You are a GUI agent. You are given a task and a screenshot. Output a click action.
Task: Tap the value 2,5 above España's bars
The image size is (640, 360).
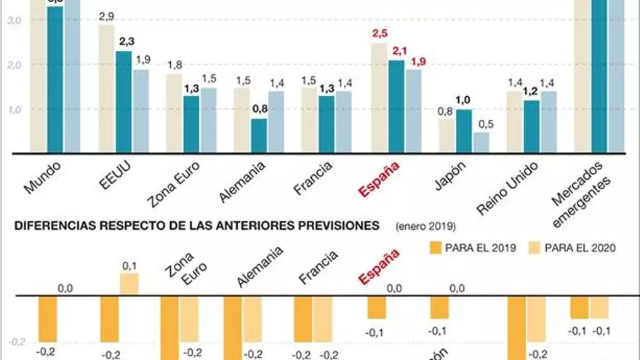tap(379, 33)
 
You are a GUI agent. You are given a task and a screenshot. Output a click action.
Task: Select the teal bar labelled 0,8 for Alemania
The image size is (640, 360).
tap(258, 136)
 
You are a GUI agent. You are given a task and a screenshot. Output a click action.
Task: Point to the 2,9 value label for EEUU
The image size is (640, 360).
tap(105, 16)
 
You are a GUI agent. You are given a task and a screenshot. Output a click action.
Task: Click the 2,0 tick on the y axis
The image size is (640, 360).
tap(15, 65)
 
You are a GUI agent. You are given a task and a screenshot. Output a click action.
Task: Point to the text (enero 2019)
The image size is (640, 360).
tap(426, 225)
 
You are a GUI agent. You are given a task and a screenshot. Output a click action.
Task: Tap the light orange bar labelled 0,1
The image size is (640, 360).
tap(129, 284)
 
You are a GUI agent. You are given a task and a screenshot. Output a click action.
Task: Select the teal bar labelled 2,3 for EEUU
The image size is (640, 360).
tap(124, 102)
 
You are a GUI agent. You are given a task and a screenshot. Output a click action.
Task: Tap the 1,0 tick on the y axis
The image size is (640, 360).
tap(15, 110)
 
